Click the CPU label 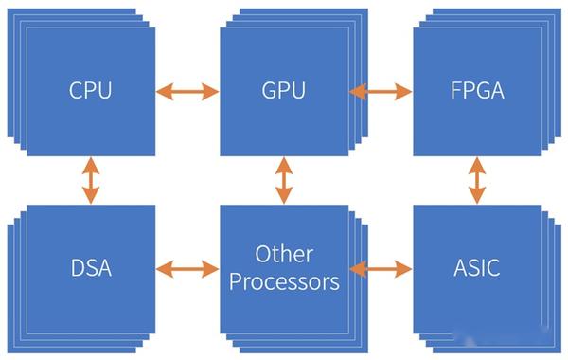90,91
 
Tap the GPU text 283,91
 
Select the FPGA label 477,91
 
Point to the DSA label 90,268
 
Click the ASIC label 477,268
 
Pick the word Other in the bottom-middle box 283,255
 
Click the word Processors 283,281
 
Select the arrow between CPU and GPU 187,91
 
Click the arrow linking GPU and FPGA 382,91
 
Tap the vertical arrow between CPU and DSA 90,181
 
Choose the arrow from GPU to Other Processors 283,181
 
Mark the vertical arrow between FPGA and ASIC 477,181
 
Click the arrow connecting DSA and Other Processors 187,269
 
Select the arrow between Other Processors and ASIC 382,269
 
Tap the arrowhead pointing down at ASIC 477,197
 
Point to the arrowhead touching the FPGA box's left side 404,91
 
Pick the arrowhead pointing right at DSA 162,269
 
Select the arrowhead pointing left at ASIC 404,269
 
